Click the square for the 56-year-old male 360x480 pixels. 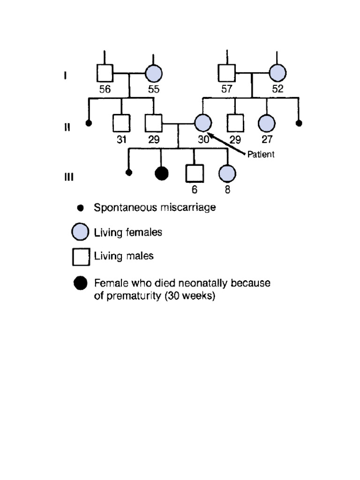pos(105,73)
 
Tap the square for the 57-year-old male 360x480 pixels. pos(227,73)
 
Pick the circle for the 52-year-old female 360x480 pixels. pos(277,73)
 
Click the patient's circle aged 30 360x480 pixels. pos(202,124)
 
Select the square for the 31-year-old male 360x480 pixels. pos(121,123)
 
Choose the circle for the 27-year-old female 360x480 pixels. pos(267,124)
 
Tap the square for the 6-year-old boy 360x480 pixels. pos(194,173)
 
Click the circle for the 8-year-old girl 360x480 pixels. pos(227,173)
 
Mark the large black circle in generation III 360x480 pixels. pos(161,173)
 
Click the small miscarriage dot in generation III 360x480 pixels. pos(129,172)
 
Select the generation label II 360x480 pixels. pos(67,127)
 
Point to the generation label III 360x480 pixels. pos(68,177)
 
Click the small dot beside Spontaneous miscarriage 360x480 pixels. pos(81,207)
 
